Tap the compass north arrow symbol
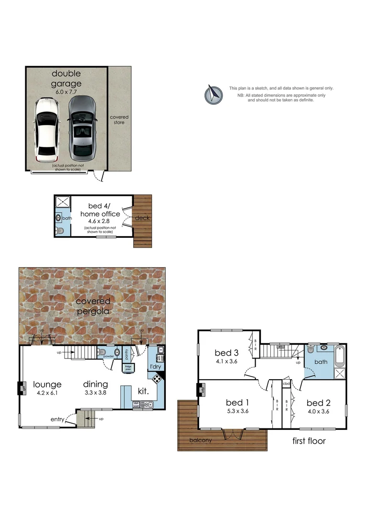[214, 94]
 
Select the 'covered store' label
[119, 120]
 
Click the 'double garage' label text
[66, 79]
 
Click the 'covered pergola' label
[92, 306]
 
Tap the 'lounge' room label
[47, 384]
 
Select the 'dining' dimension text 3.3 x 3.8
[95, 393]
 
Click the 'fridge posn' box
[128, 368]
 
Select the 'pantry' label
[127, 354]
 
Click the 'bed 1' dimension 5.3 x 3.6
[237, 411]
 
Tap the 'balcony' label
[200, 440]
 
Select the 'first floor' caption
[309, 440]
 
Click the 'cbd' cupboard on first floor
[287, 384]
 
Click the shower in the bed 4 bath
[63, 202]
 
